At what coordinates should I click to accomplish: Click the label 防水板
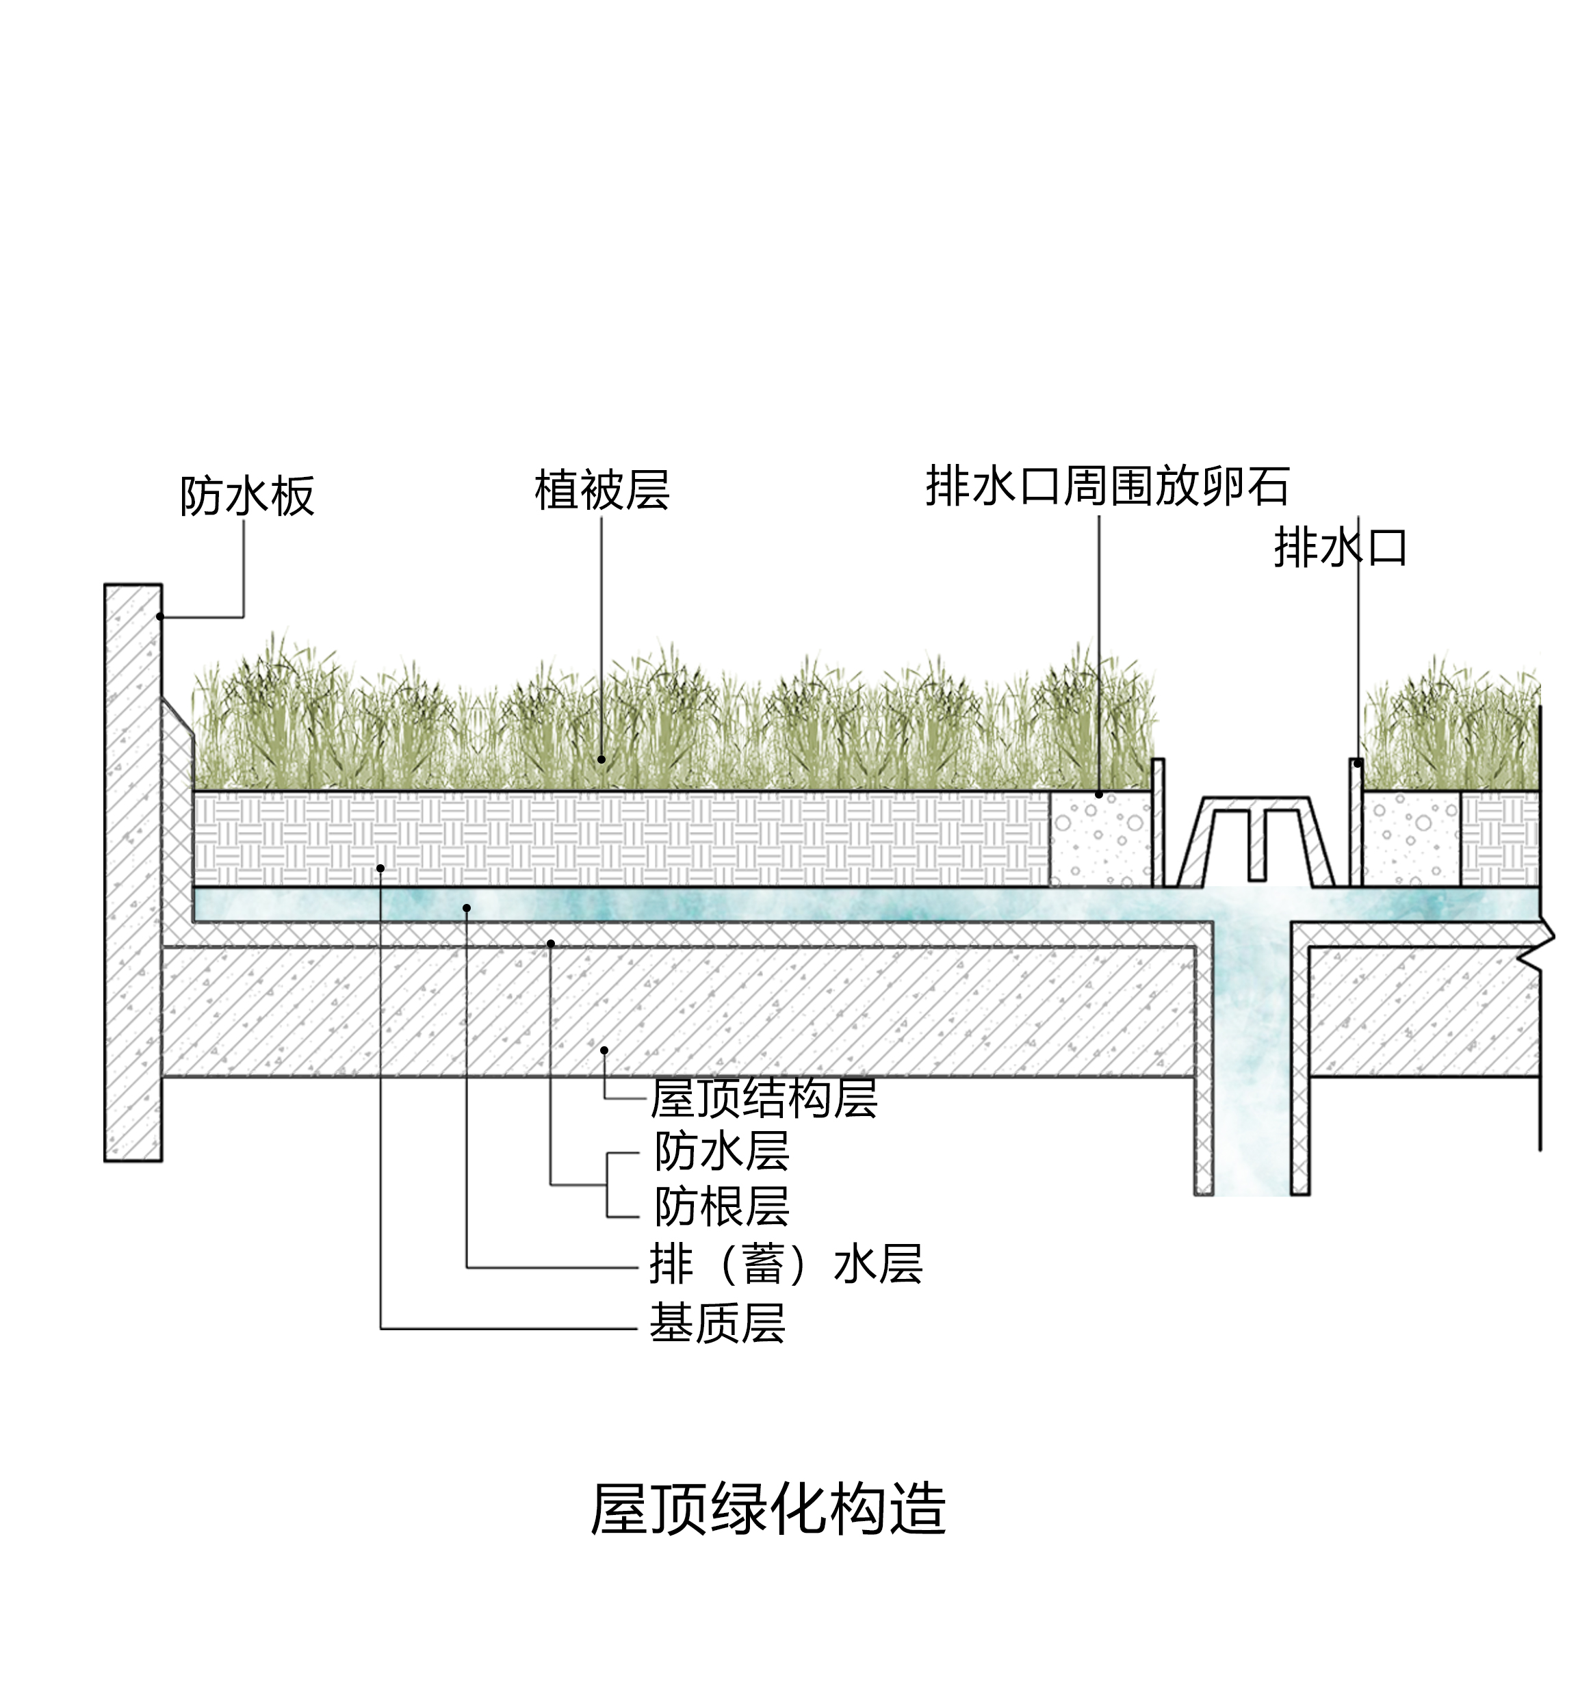pyautogui.click(x=246, y=496)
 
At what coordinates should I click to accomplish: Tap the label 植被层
pyautogui.click(x=602, y=490)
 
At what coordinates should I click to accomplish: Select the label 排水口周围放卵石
pyautogui.click(x=1107, y=487)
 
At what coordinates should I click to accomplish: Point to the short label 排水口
pyautogui.click(x=1340, y=547)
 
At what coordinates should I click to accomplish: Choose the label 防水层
pyautogui.click(x=722, y=1152)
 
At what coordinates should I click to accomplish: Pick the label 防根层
pyautogui.click(x=722, y=1206)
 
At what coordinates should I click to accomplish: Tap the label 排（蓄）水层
pyautogui.click(x=786, y=1265)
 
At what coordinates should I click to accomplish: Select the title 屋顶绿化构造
pyautogui.click(x=768, y=1510)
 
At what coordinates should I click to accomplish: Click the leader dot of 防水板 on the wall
pyautogui.click(x=159, y=617)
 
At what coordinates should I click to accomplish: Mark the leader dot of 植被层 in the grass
pyautogui.click(x=601, y=759)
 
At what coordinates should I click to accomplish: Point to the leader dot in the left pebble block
pyautogui.click(x=1098, y=794)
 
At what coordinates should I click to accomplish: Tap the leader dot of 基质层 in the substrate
pyautogui.click(x=380, y=868)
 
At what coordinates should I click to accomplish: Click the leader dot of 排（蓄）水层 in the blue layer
pyautogui.click(x=467, y=908)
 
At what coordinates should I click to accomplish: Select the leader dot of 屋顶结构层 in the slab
pyautogui.click(x=604, y=1050)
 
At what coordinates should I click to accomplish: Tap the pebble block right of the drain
pyautogui.click(x=1410, y=839)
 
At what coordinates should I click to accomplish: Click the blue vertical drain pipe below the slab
pyautogui.click(x=1252, y=1110)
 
